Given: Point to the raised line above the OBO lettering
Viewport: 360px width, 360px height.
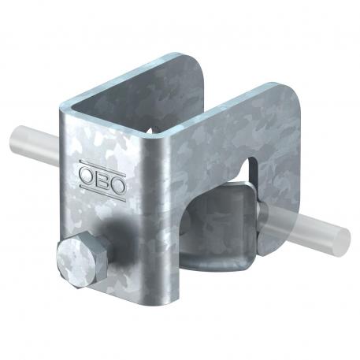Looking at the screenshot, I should [100, 160].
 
